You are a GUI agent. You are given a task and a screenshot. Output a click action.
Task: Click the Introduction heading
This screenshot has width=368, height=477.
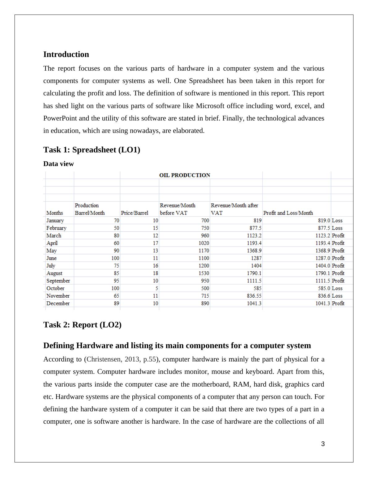66,55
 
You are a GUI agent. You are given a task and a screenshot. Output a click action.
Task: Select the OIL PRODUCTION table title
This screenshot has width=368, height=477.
185,175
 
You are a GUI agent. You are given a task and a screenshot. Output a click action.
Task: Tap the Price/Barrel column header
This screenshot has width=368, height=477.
135,213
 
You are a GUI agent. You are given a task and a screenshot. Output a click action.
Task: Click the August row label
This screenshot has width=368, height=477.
54,273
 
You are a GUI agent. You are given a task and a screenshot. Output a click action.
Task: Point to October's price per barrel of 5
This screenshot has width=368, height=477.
156,288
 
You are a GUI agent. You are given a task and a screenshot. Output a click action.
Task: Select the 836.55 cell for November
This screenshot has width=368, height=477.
254,296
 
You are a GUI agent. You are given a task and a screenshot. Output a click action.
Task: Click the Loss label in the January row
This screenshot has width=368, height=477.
337,221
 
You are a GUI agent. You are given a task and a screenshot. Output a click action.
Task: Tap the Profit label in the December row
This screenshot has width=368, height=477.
338,304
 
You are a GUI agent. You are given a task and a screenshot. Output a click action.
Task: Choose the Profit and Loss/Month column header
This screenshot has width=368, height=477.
288,213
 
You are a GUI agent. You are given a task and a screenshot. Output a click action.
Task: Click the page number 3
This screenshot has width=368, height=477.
323,444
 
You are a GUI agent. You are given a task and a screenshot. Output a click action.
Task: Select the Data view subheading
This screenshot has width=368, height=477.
58,164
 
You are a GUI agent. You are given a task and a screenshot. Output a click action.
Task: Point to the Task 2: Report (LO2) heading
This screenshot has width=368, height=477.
82,325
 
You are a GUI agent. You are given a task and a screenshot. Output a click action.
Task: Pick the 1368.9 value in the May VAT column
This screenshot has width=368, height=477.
254,251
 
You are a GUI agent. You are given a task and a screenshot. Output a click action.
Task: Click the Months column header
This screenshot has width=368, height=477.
54,213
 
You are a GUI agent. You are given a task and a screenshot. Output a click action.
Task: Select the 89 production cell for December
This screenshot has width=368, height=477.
116,304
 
